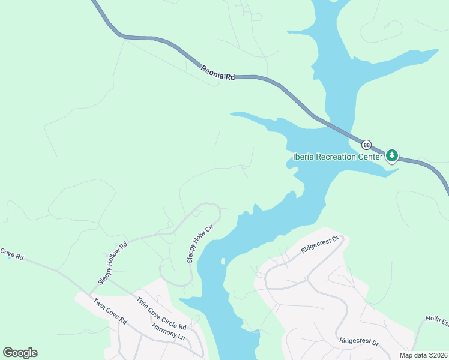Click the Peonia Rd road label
coord(217,72)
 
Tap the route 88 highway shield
coord(367,145)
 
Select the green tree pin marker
coord(392,156)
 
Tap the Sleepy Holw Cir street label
coord(200,244)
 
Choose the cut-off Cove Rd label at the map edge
coord(11,255)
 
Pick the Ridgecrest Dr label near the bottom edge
coord(359,341)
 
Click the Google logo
coord(20,352)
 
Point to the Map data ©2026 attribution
coord(424,355)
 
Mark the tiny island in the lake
coord(223,261)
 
